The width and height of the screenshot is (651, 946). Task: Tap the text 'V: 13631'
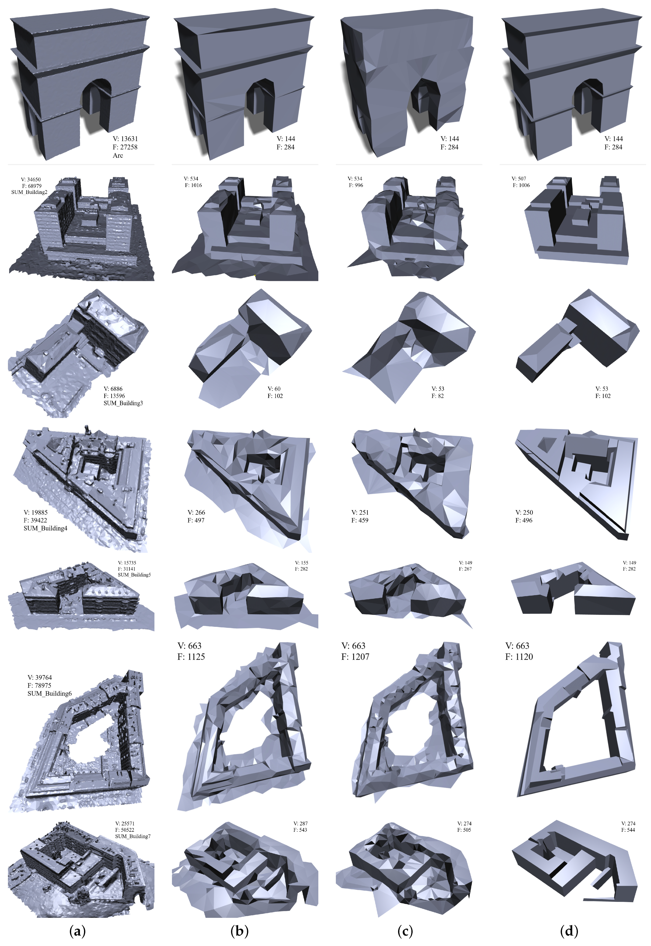[x=125, y=139]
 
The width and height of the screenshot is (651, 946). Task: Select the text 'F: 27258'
[x=125, y=147]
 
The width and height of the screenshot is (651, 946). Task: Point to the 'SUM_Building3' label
[x=123, y=403]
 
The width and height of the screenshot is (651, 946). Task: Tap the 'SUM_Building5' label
[x=134, y=575]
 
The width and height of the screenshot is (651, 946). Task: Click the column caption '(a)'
[x=77, y=931]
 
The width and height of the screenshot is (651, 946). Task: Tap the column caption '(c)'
[x=405, y=931]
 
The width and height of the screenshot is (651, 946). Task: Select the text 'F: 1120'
[x=519, y=656]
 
